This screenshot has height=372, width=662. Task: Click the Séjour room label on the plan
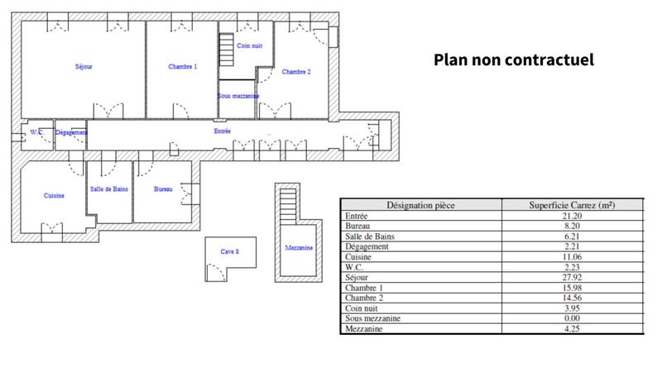point(83,66)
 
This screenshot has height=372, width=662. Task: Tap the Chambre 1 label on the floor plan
point(182,66)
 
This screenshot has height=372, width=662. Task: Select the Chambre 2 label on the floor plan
point(296,72)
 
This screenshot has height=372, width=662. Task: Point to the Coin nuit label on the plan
point(249,46)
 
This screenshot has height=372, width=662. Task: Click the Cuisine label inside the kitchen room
point(55,196)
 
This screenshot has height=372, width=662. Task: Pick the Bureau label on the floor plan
point(164,189)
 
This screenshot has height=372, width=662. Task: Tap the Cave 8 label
point(229,251)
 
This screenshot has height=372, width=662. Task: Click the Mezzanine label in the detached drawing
point(298,247)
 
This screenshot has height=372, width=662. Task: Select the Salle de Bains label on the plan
point(109,189)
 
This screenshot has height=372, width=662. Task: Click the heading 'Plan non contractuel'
point(514,60)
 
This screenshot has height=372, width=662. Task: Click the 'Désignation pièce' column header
point(422,205)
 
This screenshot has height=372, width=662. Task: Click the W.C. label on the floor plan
point(36,132)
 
